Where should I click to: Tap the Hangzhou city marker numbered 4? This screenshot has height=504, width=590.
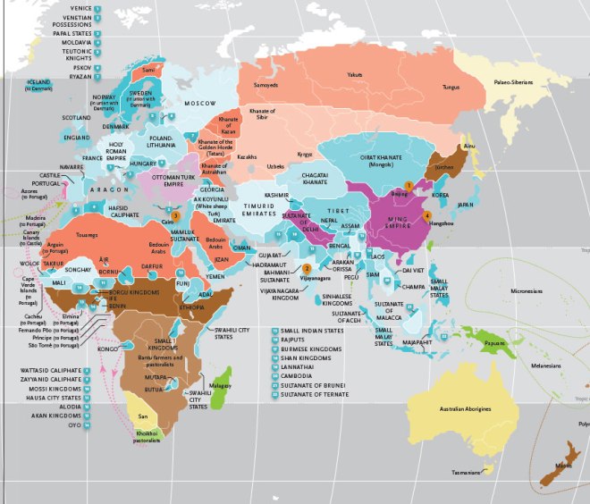(426, 215)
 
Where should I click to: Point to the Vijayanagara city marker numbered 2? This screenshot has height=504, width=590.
(306, 268)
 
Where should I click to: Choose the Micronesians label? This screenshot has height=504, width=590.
(527, 290)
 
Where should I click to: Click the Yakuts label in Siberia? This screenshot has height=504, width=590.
(356, 74)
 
